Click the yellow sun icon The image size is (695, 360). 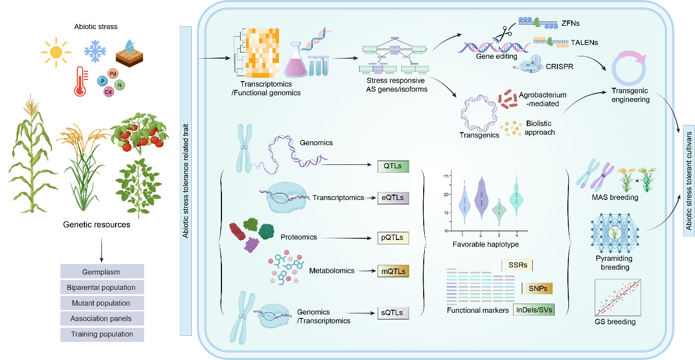point(55,52)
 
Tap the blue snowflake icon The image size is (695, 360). point(95,52)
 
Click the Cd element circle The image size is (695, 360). point(108,92)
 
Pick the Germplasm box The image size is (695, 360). point(101,272)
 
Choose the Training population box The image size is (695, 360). point(101,334)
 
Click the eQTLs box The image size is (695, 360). point(393,197)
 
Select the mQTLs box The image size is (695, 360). point(393,271)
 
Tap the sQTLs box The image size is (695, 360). point(393,313)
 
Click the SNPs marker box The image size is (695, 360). point(537,289)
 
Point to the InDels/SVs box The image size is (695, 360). point(533,310)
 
